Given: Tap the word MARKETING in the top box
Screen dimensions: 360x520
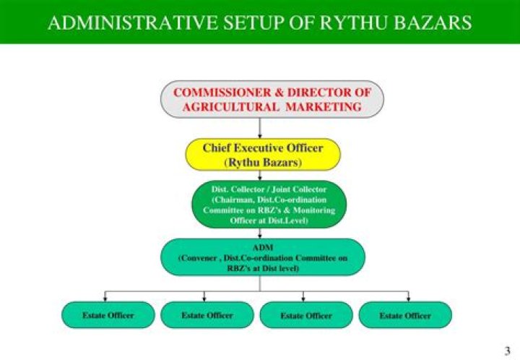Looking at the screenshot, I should pos(323,106).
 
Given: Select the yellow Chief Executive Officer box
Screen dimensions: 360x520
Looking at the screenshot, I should pos(261,154).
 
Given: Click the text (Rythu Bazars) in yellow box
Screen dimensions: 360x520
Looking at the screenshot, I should pos(262,161).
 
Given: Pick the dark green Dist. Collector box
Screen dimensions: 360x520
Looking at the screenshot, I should pos(260,205).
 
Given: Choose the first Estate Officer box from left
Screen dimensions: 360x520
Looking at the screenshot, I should pos(108,315).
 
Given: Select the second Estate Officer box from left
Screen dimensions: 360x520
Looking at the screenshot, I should pos(207,315).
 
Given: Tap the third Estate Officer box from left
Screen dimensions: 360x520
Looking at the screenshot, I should pos(306,315).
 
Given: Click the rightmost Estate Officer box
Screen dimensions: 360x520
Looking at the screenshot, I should pos(404,315).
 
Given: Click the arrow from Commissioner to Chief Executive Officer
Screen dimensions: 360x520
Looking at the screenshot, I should pos(260,128).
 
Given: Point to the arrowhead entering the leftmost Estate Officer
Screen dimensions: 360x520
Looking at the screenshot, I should pos(107,298).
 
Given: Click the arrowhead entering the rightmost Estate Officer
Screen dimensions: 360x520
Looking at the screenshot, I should pos(409,298).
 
